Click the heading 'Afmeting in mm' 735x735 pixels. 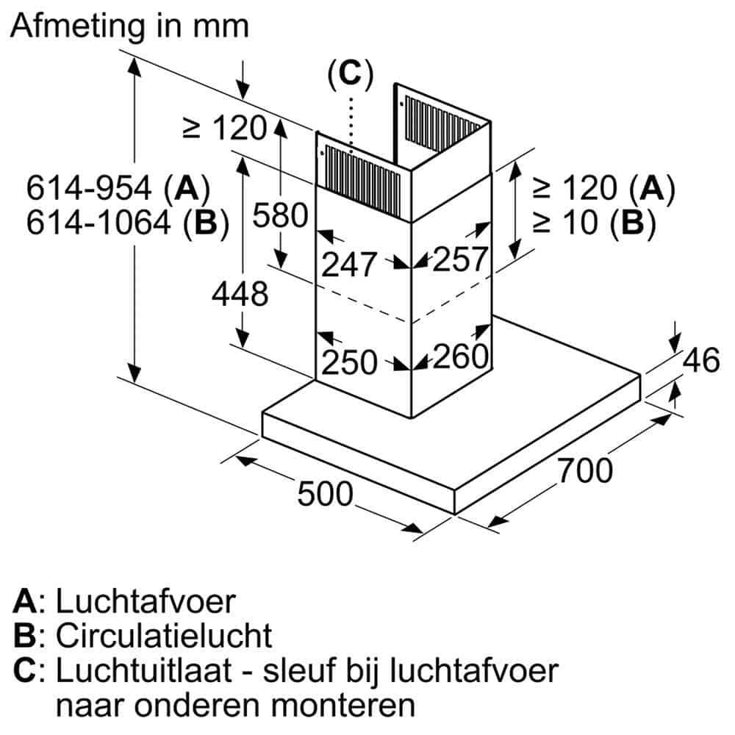[131, 27]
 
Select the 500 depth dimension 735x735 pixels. [325, 494]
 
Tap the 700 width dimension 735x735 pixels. [584, 470]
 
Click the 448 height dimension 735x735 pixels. [240, 295]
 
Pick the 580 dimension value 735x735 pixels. [279, 216]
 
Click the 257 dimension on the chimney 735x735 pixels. [460, 259]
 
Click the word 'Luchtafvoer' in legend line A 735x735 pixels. [146, 601]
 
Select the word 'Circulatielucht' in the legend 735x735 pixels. [164, 635]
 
